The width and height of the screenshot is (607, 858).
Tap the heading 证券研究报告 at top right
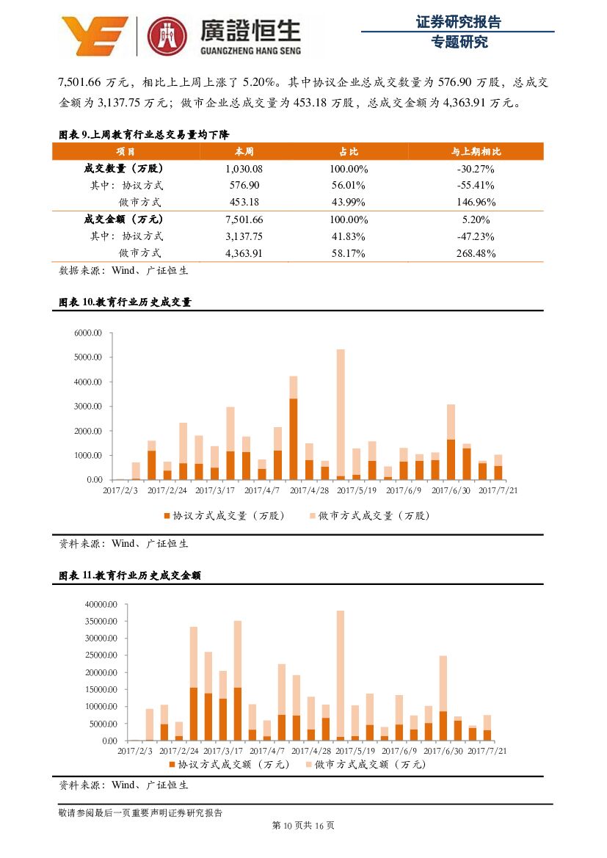click(x=458, y=22)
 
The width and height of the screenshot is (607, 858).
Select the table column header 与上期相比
click(x=476, y=151)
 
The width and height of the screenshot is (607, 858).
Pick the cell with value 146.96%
click(x=476, y=203)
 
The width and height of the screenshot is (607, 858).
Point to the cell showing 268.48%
click(x=476, y=254)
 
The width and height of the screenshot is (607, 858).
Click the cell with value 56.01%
click(x=349, y=186)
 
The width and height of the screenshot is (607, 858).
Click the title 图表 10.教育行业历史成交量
click(x=125, y=302)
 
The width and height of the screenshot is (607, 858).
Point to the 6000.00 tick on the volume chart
click(x=87, y=333)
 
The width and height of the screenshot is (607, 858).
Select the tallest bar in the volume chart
click(x=341, y=413)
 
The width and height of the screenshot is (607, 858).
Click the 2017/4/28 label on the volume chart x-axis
click(x=309, y=490)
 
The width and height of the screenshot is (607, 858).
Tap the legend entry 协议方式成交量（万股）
click(x=226, y=515)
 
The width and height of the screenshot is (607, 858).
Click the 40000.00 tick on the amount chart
click(x=101, y=605)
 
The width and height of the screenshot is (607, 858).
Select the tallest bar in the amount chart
click(x=341, y=675)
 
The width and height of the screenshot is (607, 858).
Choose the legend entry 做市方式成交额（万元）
click(x=364, y=764)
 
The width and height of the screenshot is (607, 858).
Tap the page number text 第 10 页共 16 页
click(x=303, y=826)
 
